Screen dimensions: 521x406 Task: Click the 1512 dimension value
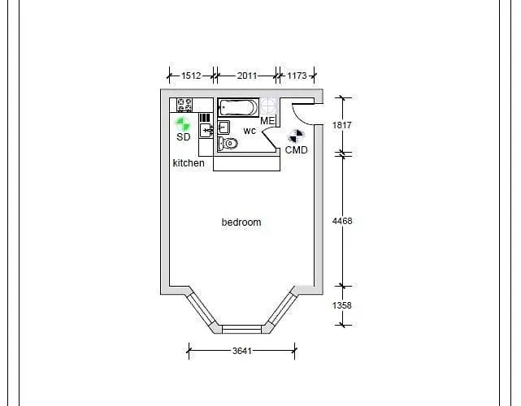pyautogui.click(x=191, y=76)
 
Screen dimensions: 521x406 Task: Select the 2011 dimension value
pyautogui.click(x=247, y=76)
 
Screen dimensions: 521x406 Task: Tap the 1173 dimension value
pyautogui.click(x=297, y=76)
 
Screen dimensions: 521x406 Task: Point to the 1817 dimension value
pyautogui.click(x=342, y=125)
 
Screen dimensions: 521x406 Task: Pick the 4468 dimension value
pyautogui.click(x=342, y=221)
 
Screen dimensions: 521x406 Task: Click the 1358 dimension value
pyautogui.click(x=342, y=305)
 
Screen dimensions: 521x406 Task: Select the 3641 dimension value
pyautogui.click(x=242, y=351)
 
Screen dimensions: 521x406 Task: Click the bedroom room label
pyautogui.click(x=241, y=222)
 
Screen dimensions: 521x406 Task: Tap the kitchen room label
pyautogui.click(x=189, y=163)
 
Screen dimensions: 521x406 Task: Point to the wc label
pyautogui.click(x=250, y=131)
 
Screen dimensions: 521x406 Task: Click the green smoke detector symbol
pyautogui.click(x=183, y=124)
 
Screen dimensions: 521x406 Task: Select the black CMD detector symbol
pyautogui.click(x=296, y=136)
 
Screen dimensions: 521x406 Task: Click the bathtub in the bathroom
pyautogui.click(x=238, y=107)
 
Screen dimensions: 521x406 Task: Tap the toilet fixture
pyautogui.click(x=228, y=144)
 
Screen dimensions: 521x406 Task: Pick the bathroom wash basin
pyautogui.click(x=224, y=127)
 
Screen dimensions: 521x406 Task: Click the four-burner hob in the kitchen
pyautogui.click(x=185, y=106)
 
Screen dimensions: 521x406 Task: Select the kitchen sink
pyautogui.click(x=206, y=130)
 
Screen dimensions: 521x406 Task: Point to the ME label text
pyautogui.click(x=267, y=121)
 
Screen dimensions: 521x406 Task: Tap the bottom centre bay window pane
pyautogui.click(x=241, y=329)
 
